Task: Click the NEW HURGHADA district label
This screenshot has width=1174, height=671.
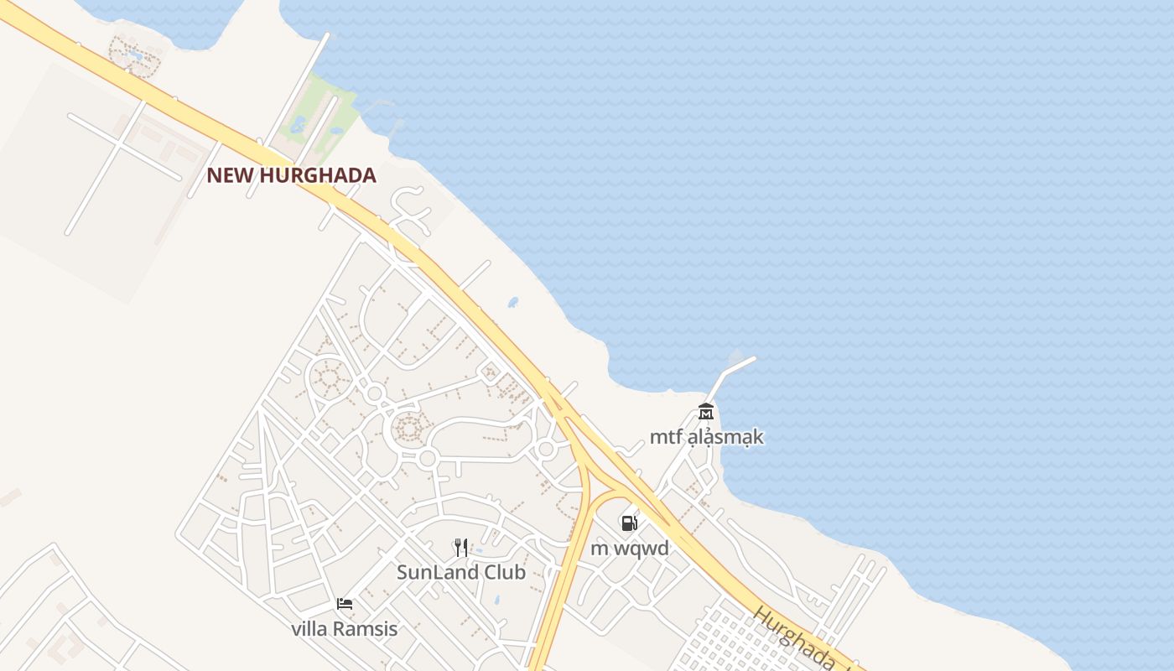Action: tap(291, 175)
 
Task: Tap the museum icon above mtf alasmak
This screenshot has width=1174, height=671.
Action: tap(705, 412)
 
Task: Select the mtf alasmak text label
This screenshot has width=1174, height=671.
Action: tap(707, 437)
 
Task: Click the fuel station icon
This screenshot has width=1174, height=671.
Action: tap(629, 523)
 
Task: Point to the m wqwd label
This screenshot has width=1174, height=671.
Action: tap(630, 549)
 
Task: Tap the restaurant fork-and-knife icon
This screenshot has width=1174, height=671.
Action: tap(460, 548)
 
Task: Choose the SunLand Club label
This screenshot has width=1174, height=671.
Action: tap(460, 572)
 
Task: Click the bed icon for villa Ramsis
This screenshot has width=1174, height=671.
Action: tap(344, 603)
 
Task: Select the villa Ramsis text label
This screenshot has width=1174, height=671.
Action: tap(344, 628)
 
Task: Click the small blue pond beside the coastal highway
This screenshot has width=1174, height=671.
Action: tap(512, 302)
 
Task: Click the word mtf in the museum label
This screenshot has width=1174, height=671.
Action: tap(665, 437)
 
